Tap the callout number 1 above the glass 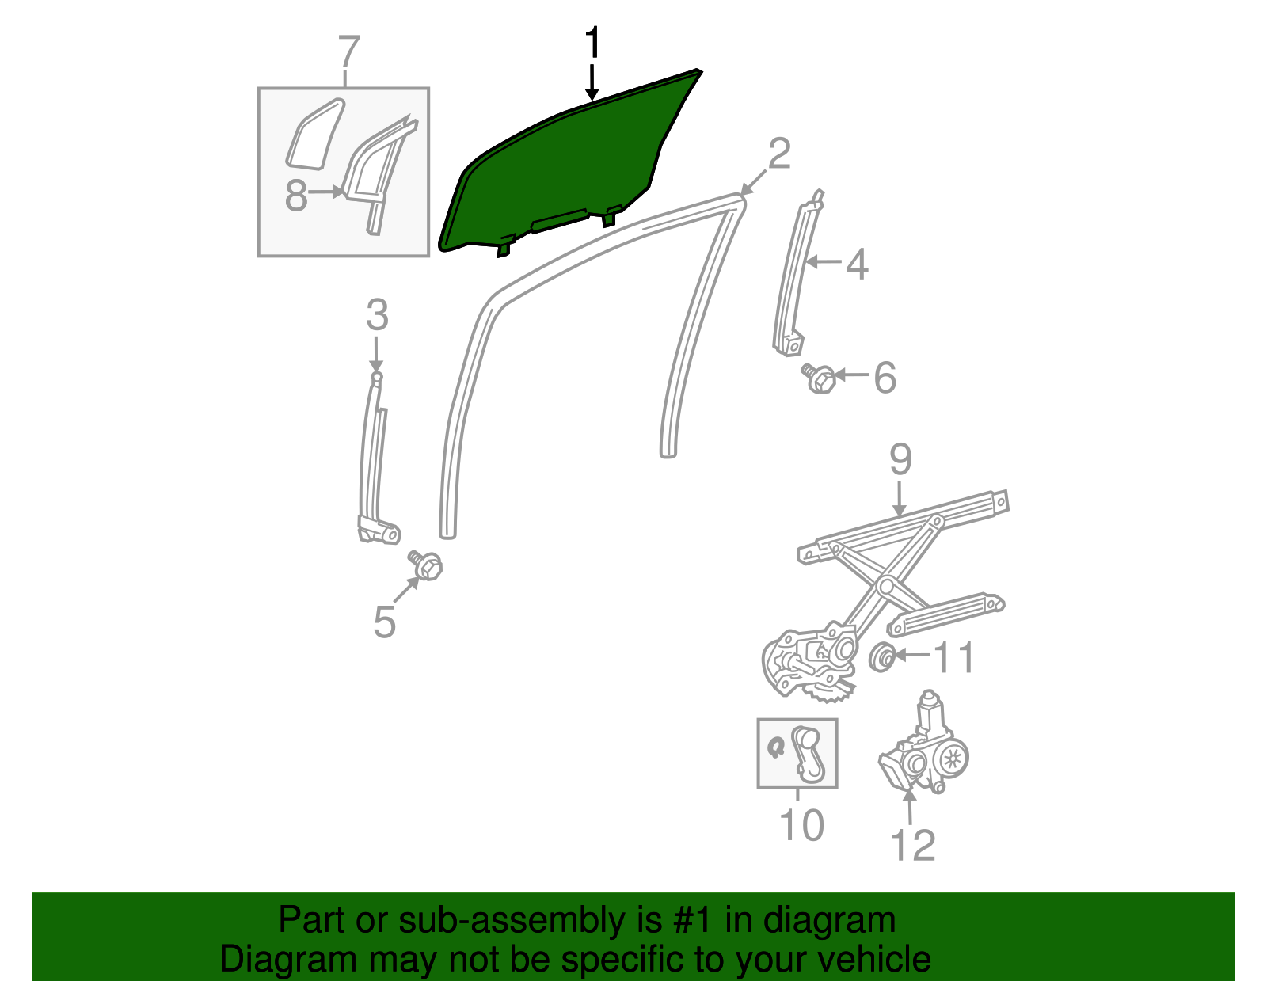pyautogui.click(x=592, y=44)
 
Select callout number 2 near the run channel pyautogui.click(x=779, y=154)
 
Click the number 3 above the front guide pyautogui.click(x=377, y=315)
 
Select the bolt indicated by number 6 pyautogui.click(x=820, y=378)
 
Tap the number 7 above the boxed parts pyautogui.click(x=348, y=52)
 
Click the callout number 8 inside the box pyautogui.click(x=295, y=195)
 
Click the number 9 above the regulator pyautogui.click(x=900, y=460)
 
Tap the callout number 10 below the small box pyautogui.click(x=801, y=825)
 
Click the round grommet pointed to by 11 pyautogui.click(x=881, y=656)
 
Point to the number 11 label pyautogui.click(x=954, y=657)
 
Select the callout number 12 pyautogui.click(x=913, y=846)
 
